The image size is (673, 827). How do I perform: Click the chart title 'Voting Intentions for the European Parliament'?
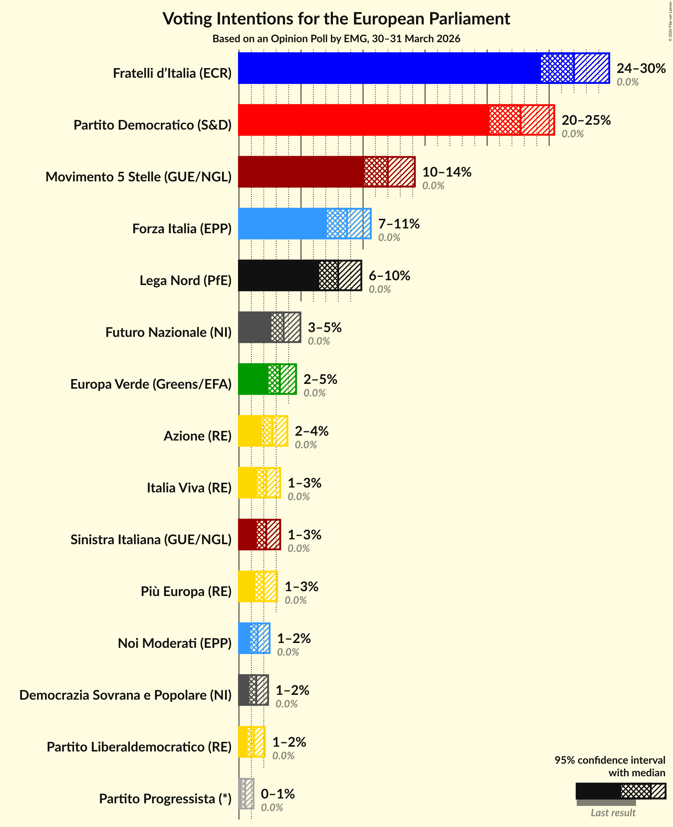point(336,19)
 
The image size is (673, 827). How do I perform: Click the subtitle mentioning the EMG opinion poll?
point(336,39)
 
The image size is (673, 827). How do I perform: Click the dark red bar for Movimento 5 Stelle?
point(301,172)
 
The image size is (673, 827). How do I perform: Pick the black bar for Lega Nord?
point(278,275)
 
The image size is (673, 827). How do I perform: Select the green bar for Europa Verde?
point(253,379)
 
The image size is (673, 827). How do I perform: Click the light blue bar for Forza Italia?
point(282,224)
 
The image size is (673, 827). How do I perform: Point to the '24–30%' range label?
point(641,68)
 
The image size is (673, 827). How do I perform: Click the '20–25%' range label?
point(586,120)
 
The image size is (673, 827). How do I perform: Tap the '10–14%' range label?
point(446,172)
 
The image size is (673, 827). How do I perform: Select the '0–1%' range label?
point(278,794)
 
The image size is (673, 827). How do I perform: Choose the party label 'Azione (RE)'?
point(197,436)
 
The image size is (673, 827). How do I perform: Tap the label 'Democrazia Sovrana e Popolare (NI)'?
point(125,695)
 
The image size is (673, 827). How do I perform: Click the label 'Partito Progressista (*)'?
point(165,799)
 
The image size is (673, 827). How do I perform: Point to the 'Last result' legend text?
point(613,813)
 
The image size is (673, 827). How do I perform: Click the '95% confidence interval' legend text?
point(609,760)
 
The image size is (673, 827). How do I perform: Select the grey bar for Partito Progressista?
point(246,794)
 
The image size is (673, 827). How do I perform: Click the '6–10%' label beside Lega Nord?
point(389,275)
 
